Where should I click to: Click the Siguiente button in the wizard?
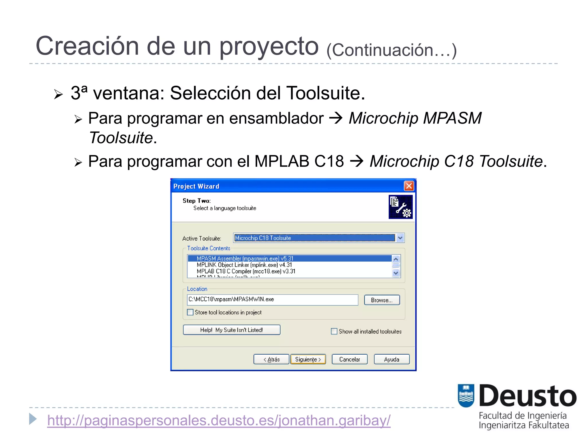click(308, 359)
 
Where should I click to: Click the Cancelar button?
click(349, 359)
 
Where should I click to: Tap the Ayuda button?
click(392, 359)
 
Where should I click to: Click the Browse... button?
click(382, 300)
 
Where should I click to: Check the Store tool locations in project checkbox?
click(190, 312)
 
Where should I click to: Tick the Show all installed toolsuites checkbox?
click(334, 331)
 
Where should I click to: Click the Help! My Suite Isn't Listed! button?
click(232, 330)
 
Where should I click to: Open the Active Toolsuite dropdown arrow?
click(400, 238)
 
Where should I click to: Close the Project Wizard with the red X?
click(409, 186)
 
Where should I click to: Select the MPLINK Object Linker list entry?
click(244, 265)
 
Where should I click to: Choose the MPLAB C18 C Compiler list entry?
click(246, 271)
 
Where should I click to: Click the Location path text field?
click(272, 300)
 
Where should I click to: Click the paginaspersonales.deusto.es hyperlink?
click(219, 421)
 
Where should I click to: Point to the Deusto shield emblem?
click(466, 395)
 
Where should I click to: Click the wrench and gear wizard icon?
click(400, 207)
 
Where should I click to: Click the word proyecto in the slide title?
click(269, 46)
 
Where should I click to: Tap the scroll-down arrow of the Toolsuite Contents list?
click(396, 273)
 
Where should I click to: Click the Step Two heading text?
click(197, 201)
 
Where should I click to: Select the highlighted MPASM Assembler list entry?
click(245, 259)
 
